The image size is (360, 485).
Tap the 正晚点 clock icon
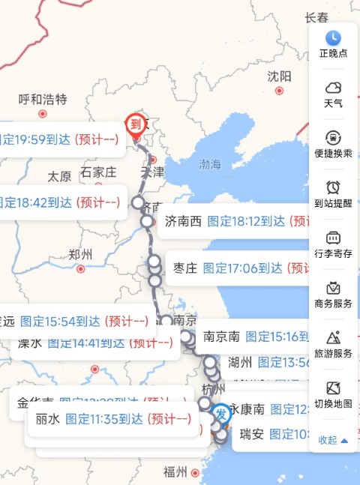333,37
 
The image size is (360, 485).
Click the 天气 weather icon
333,88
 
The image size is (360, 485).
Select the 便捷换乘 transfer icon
333,138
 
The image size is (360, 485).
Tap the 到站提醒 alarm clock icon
333,187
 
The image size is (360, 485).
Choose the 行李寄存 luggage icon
333,238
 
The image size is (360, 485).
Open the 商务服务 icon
333,289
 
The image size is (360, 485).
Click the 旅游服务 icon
333,339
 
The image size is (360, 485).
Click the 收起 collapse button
333,440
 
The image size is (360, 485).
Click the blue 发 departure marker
220,413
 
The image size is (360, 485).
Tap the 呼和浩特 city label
43,99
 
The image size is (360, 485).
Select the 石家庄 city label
98,172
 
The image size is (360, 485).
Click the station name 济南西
183,221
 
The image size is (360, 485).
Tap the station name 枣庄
185,268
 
